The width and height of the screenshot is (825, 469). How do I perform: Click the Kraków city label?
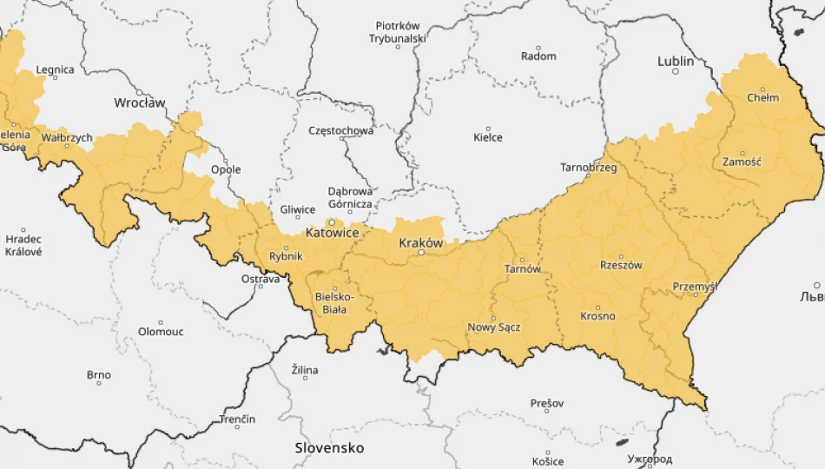tap(420, 243)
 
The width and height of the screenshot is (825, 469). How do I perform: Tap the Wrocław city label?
tap(139, 102)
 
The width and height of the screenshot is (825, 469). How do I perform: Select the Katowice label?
tap(332, 233)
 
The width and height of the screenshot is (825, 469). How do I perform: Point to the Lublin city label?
tap(676, 61)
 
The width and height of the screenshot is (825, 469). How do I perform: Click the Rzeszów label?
tap(621, 265)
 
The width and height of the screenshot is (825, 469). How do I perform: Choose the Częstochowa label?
tap(341, 131)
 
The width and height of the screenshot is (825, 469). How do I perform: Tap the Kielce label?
tap(487, 137)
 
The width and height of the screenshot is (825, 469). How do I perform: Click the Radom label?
tap(538, 56)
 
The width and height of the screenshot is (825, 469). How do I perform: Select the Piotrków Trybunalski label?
tap(397, 32)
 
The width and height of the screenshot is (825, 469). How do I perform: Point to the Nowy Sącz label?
tap(493, 327)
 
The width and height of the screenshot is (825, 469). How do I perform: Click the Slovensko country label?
tap(329, 448)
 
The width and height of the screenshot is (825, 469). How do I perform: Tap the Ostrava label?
tap(261, 279)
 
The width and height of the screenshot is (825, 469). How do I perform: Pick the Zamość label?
tap(742, 162)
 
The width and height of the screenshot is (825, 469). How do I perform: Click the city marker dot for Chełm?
tap(763, 89)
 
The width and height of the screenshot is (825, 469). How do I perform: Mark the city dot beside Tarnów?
tap(522, 259)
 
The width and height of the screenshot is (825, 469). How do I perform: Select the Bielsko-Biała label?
tap(334, 302)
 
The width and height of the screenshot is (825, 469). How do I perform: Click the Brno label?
tap(98, 375)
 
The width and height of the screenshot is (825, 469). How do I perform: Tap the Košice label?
tap(548, 461)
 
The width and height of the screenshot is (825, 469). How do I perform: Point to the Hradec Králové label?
tap(23, 246)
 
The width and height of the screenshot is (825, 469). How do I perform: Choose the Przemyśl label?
tap(695, 287)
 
